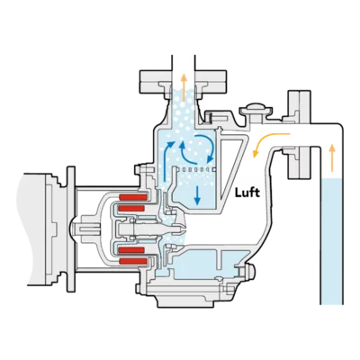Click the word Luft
point(247,193)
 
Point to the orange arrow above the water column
point(331,157)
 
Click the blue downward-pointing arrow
point(197,194)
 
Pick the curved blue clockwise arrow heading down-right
point(206,147)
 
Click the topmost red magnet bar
point(133,197)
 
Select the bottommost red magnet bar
point(133,261)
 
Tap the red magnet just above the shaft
point(132,208)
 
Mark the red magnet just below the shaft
point(132,249)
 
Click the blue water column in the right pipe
point(331,241)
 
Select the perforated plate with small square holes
point(195,169)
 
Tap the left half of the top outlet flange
point(156,81)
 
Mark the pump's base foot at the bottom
point(194,296)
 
